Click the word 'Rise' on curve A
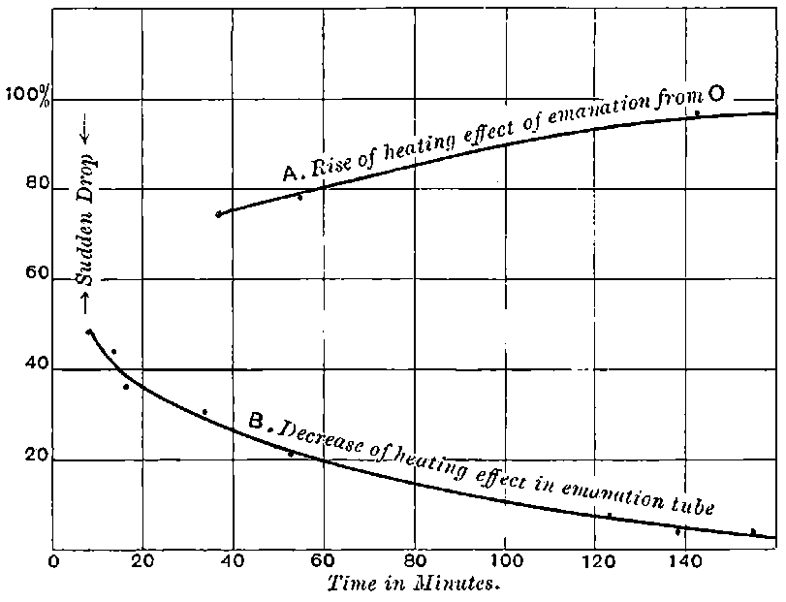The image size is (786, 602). pos(334,163)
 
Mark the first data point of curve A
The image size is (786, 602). pos(219,213)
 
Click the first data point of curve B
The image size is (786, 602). pos(89,332)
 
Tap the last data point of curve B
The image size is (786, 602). pos(753,531)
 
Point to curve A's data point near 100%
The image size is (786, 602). pos(697,113)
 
